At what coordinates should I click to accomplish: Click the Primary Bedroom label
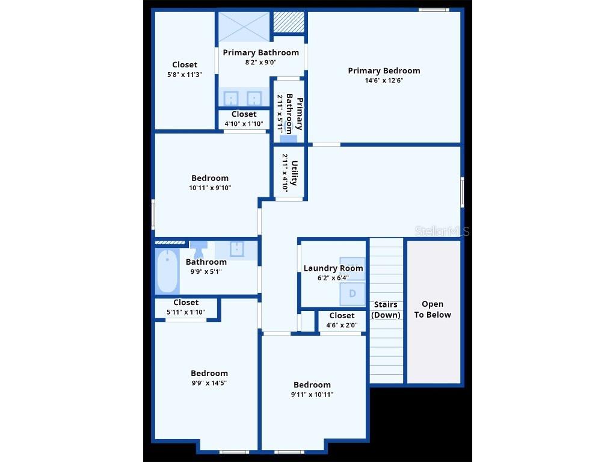coord(384,70)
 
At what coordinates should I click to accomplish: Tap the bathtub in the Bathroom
coord(167,270)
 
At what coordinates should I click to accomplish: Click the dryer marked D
coord(353,294)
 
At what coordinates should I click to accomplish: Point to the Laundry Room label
coord(333,268)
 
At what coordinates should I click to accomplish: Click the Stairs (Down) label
coord(386,309)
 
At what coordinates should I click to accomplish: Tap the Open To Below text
coord(433,309)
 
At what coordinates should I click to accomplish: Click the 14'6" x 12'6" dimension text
coord(384,80)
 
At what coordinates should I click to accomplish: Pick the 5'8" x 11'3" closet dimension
coord(185,75)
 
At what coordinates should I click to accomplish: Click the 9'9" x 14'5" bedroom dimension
coord(209,383)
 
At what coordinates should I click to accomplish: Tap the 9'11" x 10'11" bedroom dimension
coord(312,395)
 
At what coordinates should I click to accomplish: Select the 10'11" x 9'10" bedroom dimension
coord(210,188)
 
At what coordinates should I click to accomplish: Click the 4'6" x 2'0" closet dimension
coord(342,325)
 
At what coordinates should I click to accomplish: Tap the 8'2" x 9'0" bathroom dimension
coord(260,62)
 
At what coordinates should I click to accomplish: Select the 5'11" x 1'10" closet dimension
coord(186,312)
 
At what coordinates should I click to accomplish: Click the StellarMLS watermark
coord(442,231)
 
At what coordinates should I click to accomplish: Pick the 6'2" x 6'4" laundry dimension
coord(333,278)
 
